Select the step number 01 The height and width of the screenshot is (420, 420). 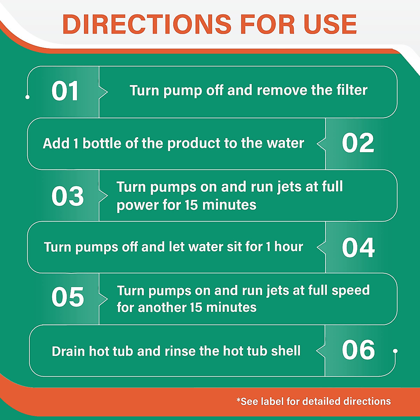(65, 91)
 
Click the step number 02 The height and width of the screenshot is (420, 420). (358, 143)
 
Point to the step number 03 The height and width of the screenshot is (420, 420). (68, 196)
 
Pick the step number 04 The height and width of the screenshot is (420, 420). (358, 247)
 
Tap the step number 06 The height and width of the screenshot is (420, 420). (358, 350)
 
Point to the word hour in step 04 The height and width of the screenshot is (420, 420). (289, 247)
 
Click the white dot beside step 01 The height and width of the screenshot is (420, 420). (28, 97)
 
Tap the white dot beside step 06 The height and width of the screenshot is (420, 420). (395, 351)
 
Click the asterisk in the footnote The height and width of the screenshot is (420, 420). (239, 400)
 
